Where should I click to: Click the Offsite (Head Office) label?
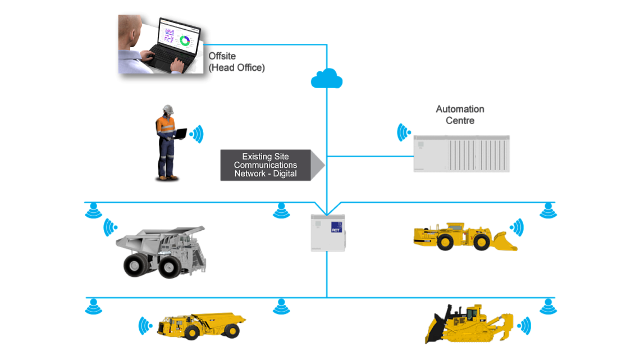click(236, 62)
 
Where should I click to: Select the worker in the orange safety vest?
click(167, 143)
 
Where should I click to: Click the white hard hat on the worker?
click(168, 108)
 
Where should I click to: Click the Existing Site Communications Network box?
click(266, 166)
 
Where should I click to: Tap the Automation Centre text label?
click(460, 115)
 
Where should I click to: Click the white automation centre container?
click(461, 153)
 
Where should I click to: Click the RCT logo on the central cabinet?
click(336, 229)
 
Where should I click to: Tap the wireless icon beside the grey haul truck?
click(109, 227)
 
